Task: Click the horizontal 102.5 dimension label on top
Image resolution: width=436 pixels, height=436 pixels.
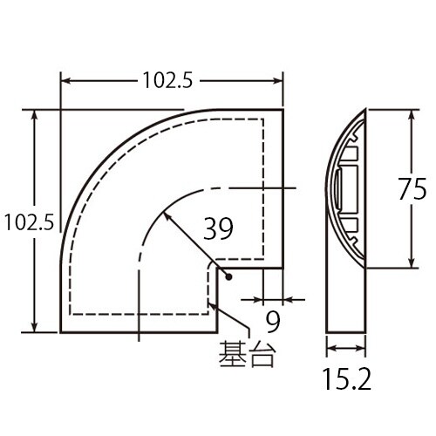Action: click(167, 82)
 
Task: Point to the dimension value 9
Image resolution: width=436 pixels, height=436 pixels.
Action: click(272, 323)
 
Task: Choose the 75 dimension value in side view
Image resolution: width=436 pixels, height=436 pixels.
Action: click(412, 189)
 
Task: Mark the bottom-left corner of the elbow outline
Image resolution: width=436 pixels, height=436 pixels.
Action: click(60, 334)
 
